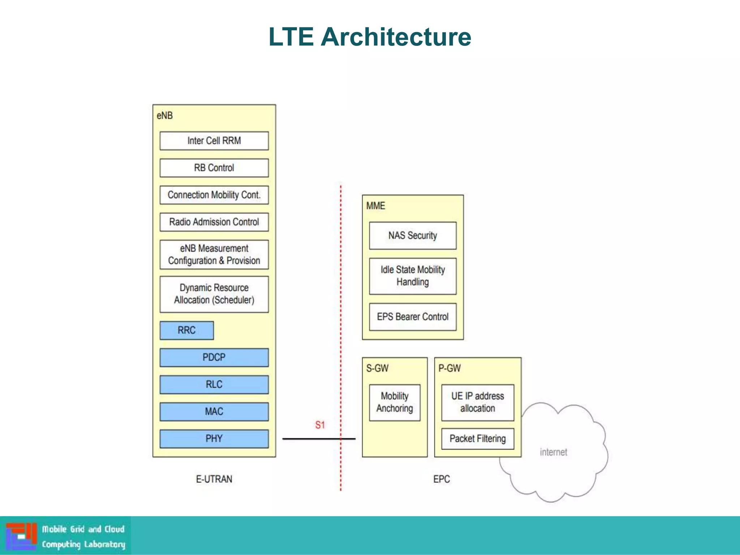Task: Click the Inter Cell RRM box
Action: point(214,141)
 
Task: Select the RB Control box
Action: point(214,168)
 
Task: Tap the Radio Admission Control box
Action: point(214,222)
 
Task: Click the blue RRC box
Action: point(186,330)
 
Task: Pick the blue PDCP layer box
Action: point(214,357)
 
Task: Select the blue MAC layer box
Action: point(214,412)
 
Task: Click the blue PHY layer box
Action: point(214,439)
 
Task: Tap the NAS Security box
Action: point(413,236)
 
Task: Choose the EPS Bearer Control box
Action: point(413,317)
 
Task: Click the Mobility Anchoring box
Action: point(395,403)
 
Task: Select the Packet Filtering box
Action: point(478,439)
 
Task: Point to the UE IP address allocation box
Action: point(478,403)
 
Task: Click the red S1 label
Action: point(320,425)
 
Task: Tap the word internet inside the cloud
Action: point(553,452)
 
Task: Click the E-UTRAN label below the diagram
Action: point(214,479)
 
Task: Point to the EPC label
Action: point(442,479)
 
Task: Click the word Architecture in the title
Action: point(396,37)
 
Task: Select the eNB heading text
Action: point(164,116)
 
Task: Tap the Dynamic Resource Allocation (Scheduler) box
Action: point(214,294)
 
